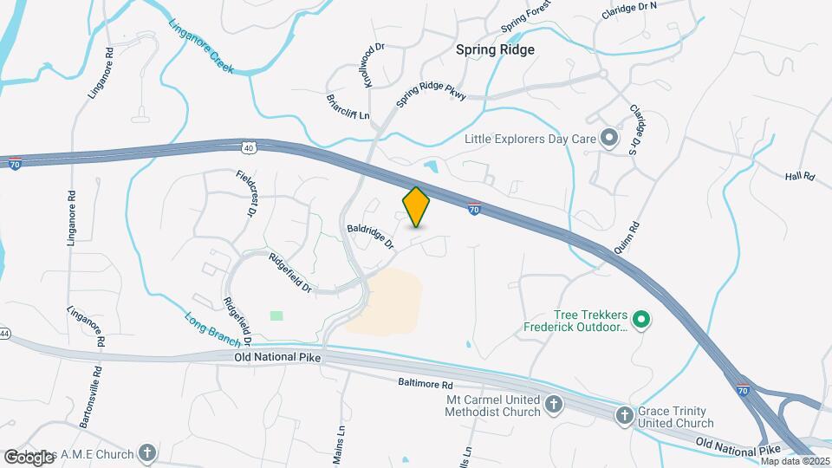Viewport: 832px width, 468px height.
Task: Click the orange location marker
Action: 416,207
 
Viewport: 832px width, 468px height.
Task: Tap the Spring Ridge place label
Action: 495,49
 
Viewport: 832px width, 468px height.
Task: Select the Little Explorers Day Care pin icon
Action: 609,138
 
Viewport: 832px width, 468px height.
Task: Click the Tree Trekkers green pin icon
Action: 641,321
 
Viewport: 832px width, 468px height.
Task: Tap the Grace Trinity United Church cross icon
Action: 623,416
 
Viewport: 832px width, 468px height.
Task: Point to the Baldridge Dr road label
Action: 371,236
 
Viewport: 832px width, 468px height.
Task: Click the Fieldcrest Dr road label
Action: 247,193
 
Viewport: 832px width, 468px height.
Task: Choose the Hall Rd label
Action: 800,176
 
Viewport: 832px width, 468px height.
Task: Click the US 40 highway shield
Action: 249,148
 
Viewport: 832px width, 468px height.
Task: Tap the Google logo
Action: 29,457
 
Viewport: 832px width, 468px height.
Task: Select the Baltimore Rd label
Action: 426,383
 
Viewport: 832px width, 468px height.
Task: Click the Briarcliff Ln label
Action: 348,107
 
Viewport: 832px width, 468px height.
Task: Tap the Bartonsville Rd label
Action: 89,397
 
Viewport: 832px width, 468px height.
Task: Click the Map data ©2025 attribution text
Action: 795,461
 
